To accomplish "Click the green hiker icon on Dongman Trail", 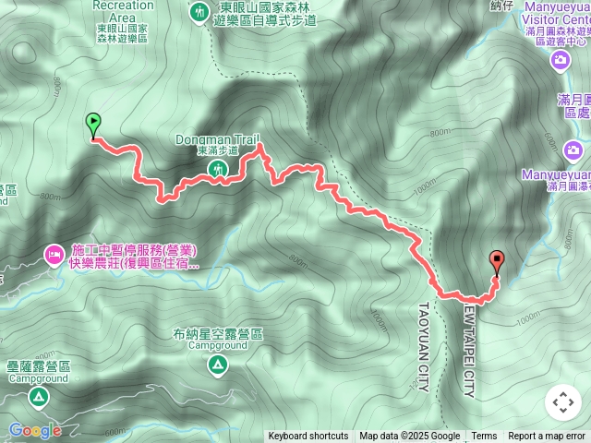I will point(218,169).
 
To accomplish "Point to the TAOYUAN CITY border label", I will point(424,347).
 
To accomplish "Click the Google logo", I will point(35,430).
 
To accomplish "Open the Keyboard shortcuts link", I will point(308,436).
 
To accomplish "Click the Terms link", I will point(484,436).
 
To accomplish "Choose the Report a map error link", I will point(547,436).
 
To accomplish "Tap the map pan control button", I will point(562,402).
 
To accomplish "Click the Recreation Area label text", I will point(123,6).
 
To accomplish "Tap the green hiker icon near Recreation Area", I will point(199,12).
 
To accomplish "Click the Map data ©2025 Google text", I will point(409,436).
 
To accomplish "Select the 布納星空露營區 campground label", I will point(217,334).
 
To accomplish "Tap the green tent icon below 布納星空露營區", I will point(217,366).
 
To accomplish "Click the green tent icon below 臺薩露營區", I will point(38,397).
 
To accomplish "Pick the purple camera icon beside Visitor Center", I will point(561,61).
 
